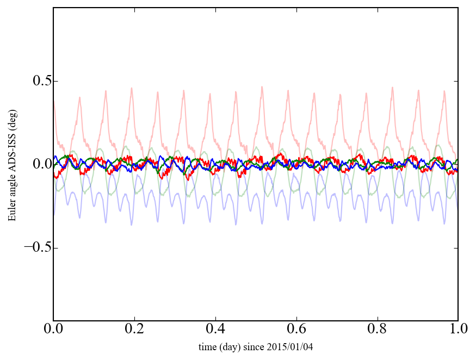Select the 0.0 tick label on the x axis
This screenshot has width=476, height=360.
[53, 330]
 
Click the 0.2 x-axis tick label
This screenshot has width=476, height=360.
[134, 330]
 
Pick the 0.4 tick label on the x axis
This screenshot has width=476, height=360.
[215, 330]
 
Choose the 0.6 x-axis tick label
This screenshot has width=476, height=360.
[296, 330]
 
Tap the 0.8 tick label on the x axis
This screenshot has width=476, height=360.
[377, 330]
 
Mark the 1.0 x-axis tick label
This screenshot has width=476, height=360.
[458, 330]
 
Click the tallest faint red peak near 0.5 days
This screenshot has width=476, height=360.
[262, 86]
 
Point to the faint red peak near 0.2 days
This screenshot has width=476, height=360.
[131, 88]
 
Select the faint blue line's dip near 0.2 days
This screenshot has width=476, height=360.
[131, 225]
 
